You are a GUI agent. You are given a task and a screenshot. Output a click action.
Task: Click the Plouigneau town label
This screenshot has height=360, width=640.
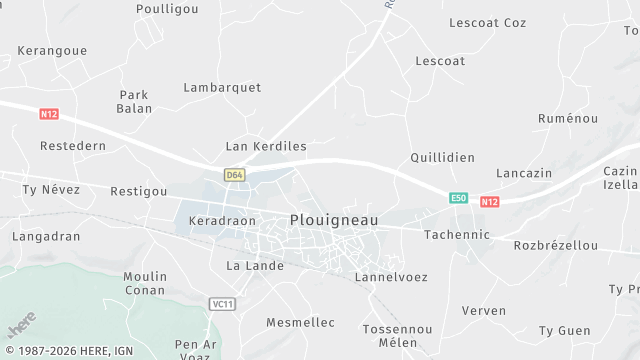tap(334, 220)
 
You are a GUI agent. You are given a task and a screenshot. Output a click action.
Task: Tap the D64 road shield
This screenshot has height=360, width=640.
tap(234, 175)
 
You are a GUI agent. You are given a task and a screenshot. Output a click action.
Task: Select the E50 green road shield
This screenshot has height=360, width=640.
tap(458, 198)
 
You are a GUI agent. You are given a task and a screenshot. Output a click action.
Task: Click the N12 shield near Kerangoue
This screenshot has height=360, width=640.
tap(49, 114)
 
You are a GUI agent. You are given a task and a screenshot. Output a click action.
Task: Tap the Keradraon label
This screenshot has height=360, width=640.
tap(222, 221)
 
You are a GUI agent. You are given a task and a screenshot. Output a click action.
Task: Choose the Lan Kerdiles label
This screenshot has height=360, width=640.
tap(266, 146)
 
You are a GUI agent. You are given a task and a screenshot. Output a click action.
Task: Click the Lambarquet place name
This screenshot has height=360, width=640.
tap(222, 88)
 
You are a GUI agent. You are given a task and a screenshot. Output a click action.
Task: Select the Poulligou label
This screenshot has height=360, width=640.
tap(167, 8)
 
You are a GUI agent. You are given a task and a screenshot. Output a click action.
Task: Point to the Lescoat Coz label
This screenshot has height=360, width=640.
tap(488, 22)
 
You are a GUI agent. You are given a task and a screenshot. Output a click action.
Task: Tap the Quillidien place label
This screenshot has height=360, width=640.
tap(442, 158)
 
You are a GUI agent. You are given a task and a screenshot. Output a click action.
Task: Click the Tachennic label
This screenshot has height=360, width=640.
tap(457, 234)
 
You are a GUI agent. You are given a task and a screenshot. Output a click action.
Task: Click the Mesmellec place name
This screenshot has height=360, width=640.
tap(300, 322)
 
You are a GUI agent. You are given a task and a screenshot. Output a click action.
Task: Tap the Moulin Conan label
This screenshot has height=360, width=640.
tap(145, 283)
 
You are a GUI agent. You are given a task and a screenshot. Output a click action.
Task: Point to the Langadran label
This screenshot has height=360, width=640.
tap(45, 237)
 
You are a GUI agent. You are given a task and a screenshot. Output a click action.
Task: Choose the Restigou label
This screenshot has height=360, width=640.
tap(138, 191)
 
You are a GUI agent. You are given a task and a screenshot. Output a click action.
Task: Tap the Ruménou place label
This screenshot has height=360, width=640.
tap(567, 118)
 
